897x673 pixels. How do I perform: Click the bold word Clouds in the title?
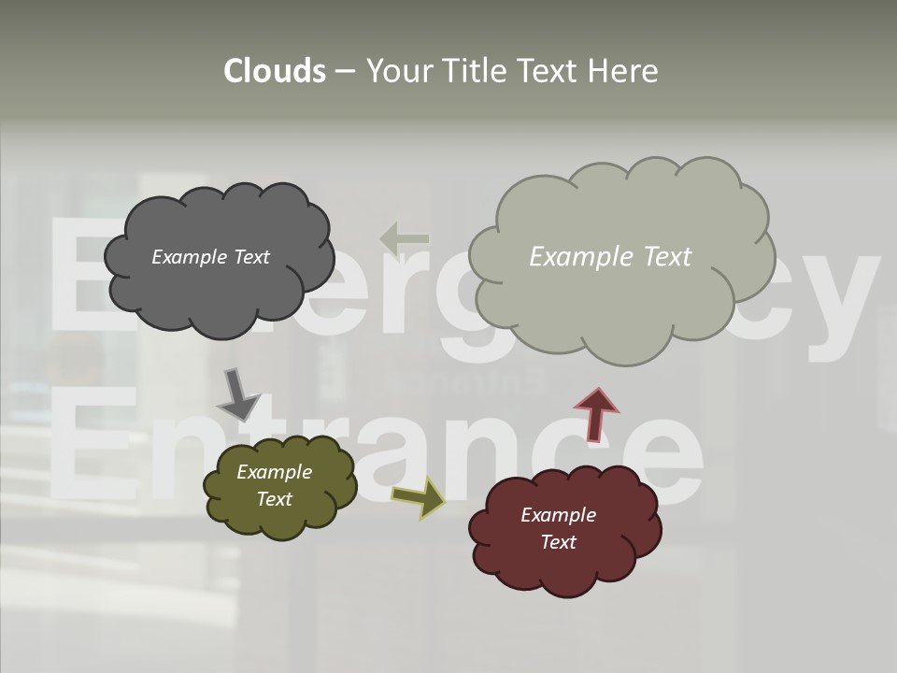(275, 71)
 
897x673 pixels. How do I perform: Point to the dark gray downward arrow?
(237, 395)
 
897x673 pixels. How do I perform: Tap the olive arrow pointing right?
(420, 498)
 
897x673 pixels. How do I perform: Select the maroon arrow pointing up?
(596, 413)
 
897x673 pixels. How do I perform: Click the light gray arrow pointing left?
(405, 238)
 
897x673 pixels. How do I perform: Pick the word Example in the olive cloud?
(274, 472)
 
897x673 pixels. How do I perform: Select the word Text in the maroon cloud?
(558, 542)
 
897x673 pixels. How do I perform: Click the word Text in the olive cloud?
(274, 499)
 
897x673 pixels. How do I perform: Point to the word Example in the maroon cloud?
(558, 515)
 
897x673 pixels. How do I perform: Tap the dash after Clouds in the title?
(344, 71)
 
